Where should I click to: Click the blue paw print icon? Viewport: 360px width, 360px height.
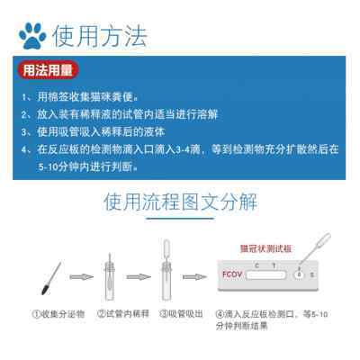point(32,35)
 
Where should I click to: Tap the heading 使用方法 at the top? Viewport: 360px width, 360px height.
point(99,36)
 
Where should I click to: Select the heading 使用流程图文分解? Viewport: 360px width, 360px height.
point(180,199)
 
